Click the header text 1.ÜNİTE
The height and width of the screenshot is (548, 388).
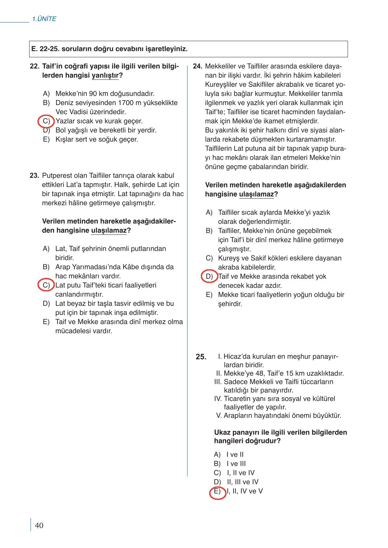(44, 19)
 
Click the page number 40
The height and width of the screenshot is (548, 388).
(39, 526)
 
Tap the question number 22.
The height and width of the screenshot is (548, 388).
(34, 66)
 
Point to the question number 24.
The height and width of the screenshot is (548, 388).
(198, 66)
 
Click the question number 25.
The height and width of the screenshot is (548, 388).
(201, 357)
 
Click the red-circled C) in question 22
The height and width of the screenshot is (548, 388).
(46, 121)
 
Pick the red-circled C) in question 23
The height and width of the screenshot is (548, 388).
(46, 285)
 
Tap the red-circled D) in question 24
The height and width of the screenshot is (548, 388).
(209, 277)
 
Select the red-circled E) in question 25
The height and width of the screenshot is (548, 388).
(217, 491)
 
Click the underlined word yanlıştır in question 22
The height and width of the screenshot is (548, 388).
(105, 76)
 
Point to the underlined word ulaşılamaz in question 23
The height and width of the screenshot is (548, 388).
(109, 231)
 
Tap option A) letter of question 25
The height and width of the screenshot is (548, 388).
(217, 455)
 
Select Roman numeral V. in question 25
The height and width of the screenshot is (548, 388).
(219, 416)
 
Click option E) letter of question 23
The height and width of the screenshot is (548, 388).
(46, 322)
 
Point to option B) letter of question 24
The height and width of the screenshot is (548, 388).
(209, 231)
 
